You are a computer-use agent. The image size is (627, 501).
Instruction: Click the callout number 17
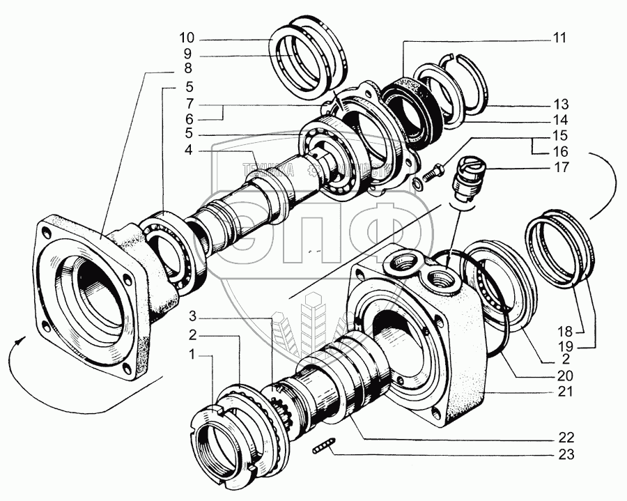pyautogui.click(x=561, y=168)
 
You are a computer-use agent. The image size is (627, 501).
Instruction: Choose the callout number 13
pyautogui.click(x=561, y=102)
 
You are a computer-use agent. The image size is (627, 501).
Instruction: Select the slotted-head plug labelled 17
pyautogui.click(x=465, y=177)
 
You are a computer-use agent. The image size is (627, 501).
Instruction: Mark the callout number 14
pyautogui.click(x=561, y=118)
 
